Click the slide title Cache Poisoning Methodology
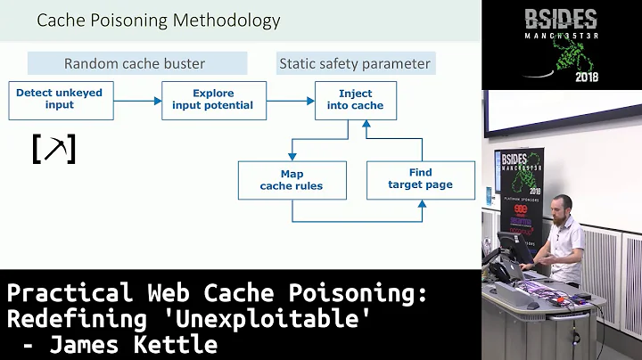(x=158, y=20)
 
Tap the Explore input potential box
(x=213, y=99)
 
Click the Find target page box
(x=420, y=178)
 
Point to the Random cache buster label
(x=135, y=63)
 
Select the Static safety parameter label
(x=354, y=63)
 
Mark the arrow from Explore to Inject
(x=290, y=100)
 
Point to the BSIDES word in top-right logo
(x=561, y=19)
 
